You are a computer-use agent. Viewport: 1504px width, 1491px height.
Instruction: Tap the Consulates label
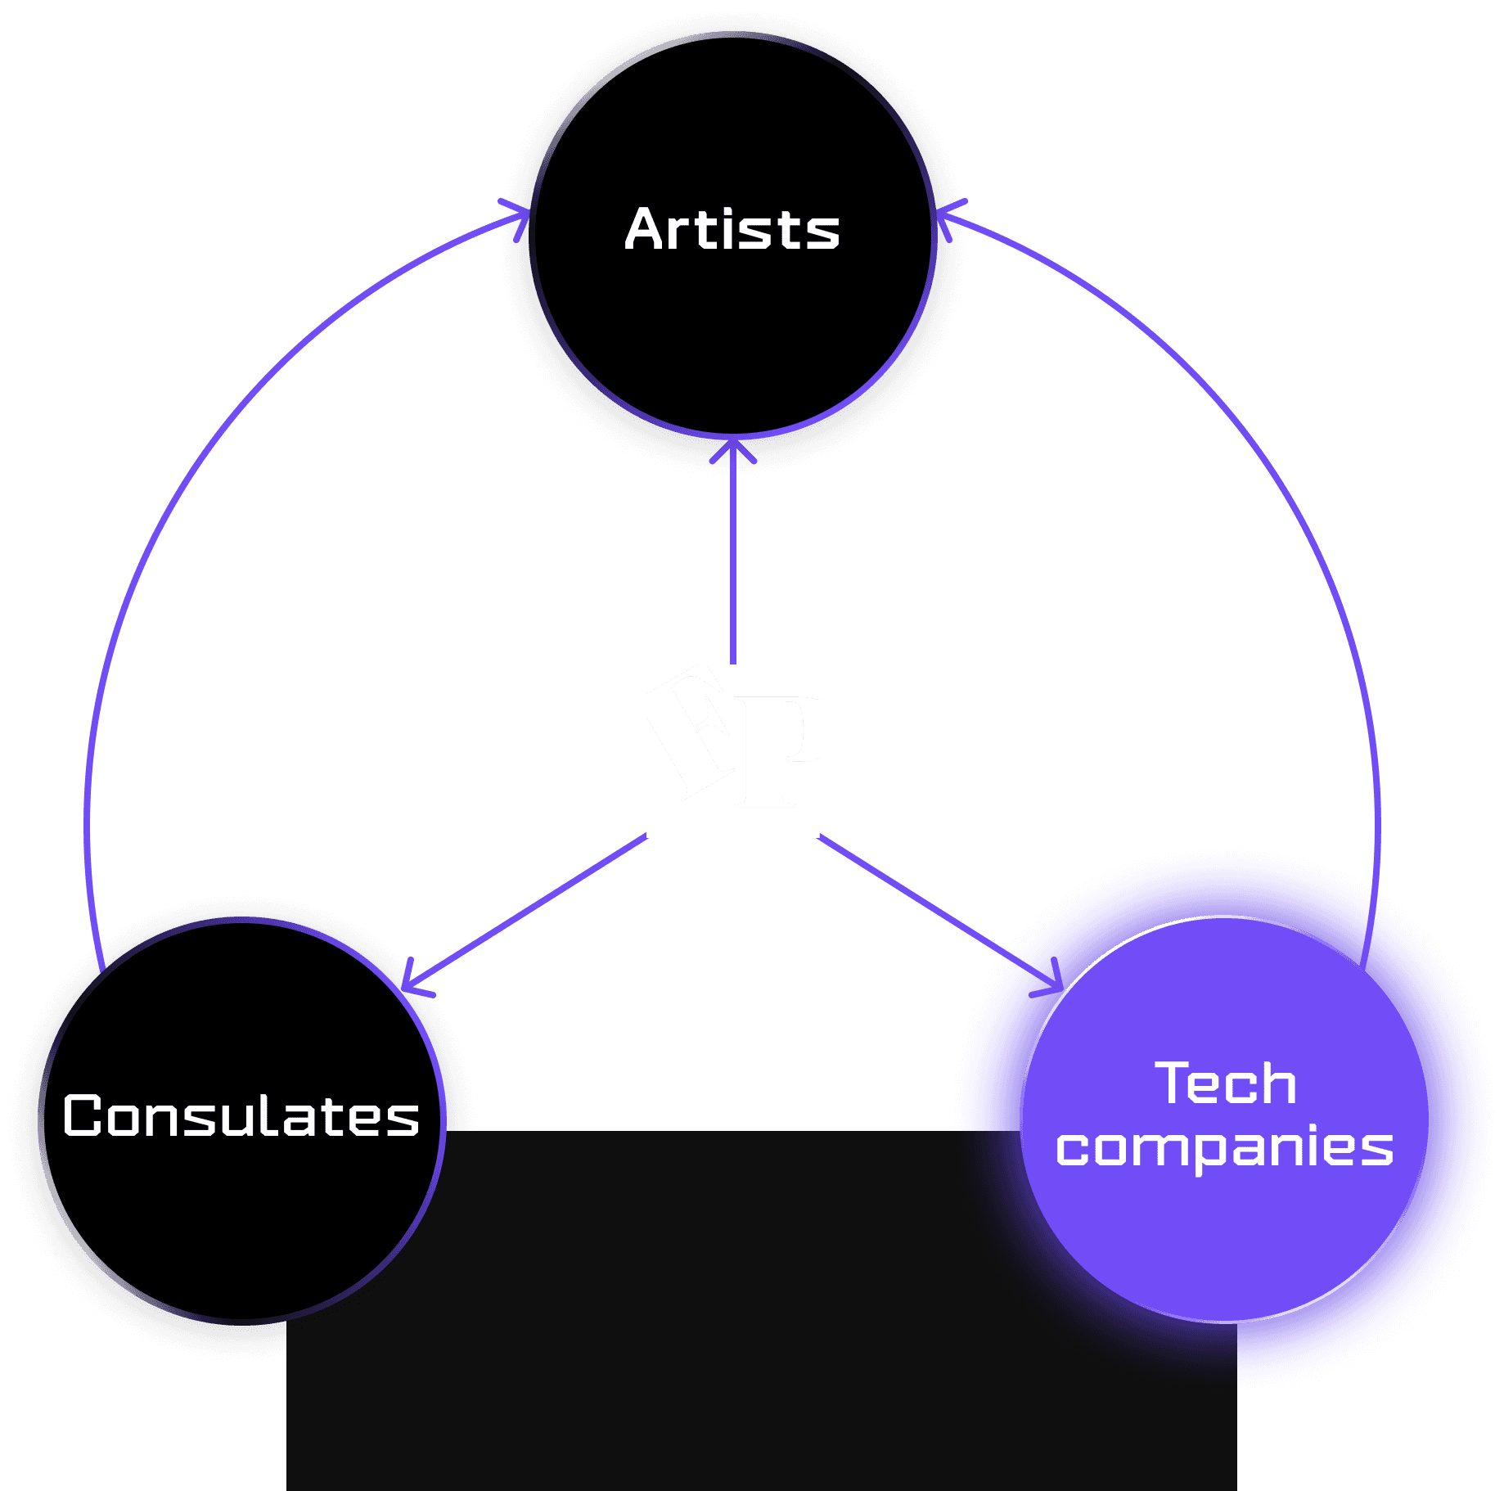[x=241, y=1115]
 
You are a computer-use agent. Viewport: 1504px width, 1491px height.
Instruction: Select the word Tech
[x=1225, y=1083]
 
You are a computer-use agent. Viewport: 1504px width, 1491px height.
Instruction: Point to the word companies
[x=1224, y=1147]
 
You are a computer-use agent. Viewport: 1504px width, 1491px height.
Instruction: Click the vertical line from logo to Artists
[x=732, y=565]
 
